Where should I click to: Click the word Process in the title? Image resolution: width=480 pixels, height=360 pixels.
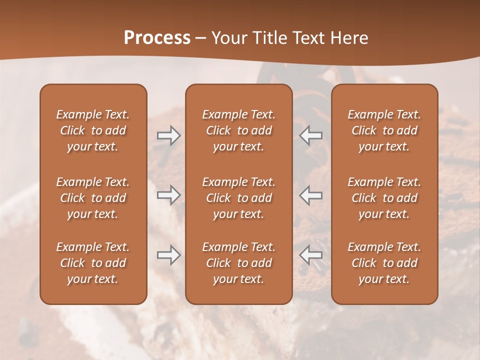point(157,38)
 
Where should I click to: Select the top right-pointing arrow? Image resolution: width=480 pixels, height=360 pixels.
point(168,135)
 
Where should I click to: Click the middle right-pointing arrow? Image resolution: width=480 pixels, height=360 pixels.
point(168,195)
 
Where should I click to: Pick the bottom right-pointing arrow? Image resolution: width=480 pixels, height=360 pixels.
point(168,255)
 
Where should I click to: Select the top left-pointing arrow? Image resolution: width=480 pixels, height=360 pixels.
point(311,135)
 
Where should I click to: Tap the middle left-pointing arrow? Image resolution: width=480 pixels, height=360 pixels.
point(311,195)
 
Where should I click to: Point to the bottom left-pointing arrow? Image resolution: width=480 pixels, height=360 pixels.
point(311,255)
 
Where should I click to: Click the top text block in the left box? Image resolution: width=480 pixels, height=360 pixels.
point(93,130)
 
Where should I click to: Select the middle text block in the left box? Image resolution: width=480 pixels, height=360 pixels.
point(93,198)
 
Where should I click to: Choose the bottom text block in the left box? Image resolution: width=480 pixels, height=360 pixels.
point(93,263)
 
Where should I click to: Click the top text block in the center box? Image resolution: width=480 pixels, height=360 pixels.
point(238,130)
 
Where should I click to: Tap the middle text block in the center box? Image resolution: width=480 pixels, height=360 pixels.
point(238,198)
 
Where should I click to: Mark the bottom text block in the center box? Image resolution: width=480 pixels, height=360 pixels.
point(238,263)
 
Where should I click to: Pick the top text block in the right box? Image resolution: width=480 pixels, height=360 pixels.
point(384,130)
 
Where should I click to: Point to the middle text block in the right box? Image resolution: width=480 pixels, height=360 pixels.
point(384,198)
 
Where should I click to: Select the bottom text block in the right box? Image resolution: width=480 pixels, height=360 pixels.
point(384,263)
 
